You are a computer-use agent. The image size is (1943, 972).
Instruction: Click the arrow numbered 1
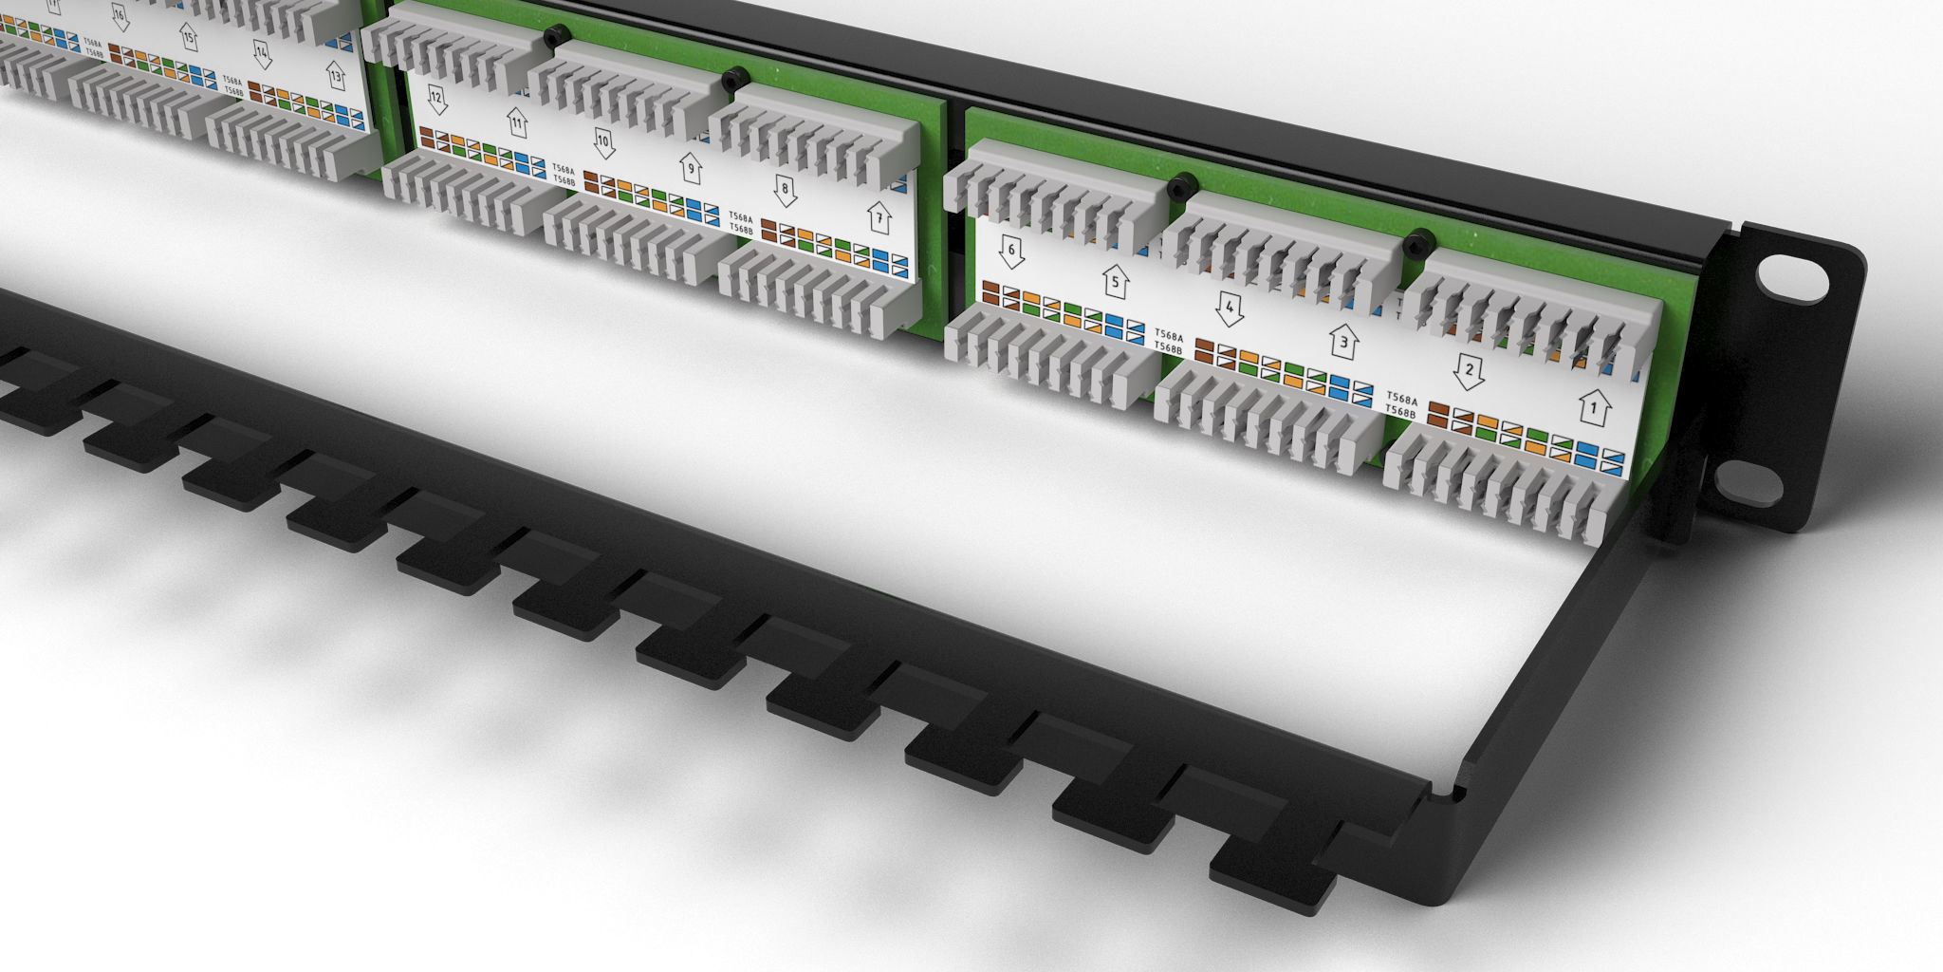tap(1595, 408)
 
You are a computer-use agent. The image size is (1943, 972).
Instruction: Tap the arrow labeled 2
tap(1469, 371)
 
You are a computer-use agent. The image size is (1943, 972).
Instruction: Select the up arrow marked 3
tap(1343, 341)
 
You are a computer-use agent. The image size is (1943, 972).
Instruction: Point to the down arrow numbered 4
tap(1230, 308)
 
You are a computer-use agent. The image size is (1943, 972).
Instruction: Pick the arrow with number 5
tap(1116, 282)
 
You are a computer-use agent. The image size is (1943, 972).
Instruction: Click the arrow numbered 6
tap(1011, 252)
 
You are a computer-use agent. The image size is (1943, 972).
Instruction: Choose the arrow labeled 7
tap(879, 218)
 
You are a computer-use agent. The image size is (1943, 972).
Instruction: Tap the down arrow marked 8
tap(785, 190)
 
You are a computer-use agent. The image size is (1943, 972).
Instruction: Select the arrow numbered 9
tap(692, 170)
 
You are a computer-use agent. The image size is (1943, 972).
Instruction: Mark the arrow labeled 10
tap(603, 143)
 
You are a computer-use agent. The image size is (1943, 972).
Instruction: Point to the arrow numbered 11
tap(517, 122)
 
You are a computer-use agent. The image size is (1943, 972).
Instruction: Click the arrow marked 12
tap(436, 99)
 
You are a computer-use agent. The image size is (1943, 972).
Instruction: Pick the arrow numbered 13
tap(336, 75)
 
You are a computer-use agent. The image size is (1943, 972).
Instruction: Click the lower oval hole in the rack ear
tap(1748, 483)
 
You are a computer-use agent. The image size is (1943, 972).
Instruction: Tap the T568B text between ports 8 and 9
tap(741, 231)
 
